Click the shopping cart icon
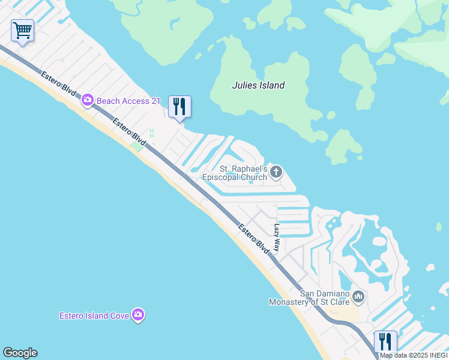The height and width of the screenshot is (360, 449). click(x=22, y=30)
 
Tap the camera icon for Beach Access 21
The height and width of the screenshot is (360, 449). click(x=88, y=101)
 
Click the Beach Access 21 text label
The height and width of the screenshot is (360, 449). click(x=128, y=101)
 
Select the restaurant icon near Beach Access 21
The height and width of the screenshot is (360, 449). click(x=179, y=107)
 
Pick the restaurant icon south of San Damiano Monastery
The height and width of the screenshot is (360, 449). click(x=385, y=342)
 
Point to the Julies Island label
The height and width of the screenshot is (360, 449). click(x=258, y=85)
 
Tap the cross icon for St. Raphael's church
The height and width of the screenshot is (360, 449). click(x=276, y=173)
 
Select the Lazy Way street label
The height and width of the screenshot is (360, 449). click(x=277, y=238)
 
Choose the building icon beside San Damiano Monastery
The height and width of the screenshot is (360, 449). click(x=358, y=296)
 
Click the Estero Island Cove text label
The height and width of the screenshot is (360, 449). click(x=94, y=316)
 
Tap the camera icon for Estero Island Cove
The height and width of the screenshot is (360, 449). click(x=139, y=315)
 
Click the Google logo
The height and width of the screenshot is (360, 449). click(x=20, y=353)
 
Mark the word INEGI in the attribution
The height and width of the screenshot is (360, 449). click(x=437, y=355)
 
